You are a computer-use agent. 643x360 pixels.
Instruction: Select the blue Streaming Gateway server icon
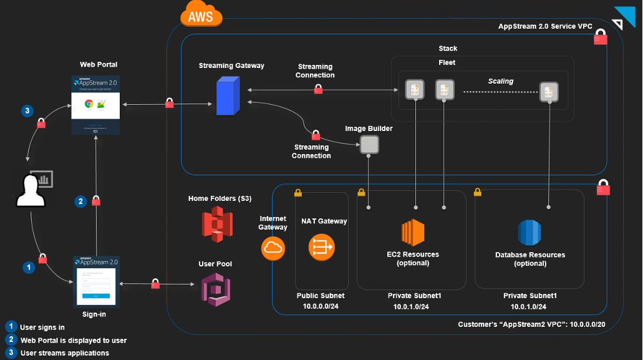click(228, 96)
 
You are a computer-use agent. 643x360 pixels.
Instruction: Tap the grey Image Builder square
click(369, 145)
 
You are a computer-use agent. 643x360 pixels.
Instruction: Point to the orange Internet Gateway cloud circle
click(273, 248)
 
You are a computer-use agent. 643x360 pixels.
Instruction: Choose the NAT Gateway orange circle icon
click(322, 247)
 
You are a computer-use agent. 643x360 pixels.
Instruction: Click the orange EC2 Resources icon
click(413, 232)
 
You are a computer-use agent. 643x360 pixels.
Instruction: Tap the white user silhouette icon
click(29, 190)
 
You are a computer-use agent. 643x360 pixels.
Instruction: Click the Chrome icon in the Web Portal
click(89, 104)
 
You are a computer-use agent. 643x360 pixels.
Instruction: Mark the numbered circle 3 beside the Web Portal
click(27, 111)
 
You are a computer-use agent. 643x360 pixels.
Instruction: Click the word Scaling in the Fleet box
click(500, 81)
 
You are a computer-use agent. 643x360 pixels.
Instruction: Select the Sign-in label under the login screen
click(94, 314)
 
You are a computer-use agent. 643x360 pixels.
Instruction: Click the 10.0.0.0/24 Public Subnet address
click(321, 306)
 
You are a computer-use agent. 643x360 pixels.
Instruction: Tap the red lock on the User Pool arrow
click(155, 285)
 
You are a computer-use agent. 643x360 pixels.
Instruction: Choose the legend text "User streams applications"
click(65, 353)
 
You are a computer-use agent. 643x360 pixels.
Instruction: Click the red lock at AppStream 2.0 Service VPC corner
click(600, 39)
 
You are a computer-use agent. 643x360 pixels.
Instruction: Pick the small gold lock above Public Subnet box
click(298, 192)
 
